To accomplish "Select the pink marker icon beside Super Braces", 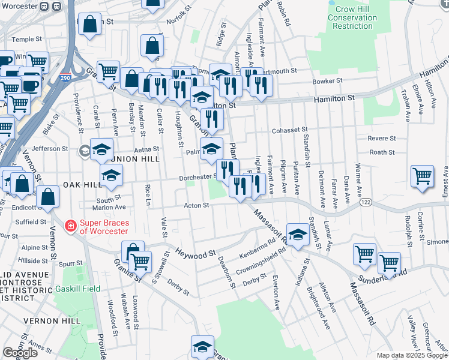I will (x=71, y=226).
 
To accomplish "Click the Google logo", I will (x=20, y=353).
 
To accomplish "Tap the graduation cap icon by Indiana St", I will (x=297, y=234).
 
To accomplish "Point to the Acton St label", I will (x=196, y=205).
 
